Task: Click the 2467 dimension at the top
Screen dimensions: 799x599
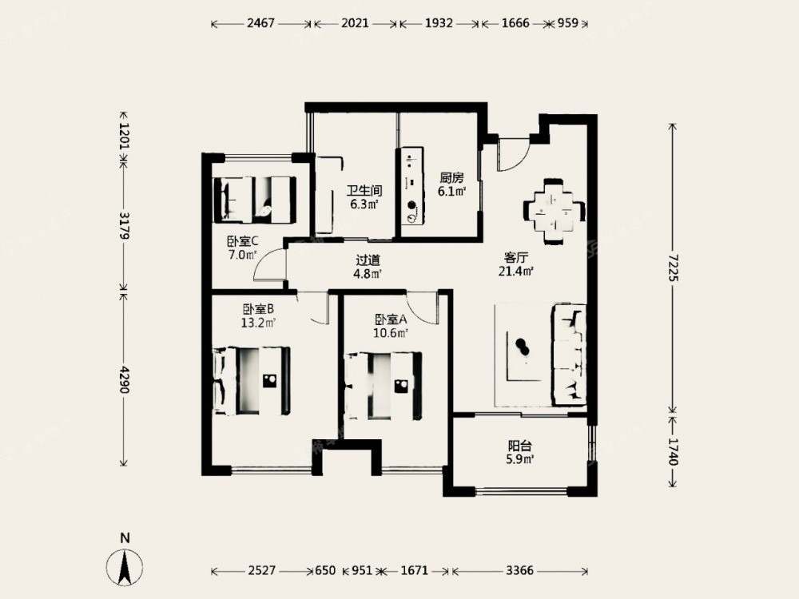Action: [x=260, y=23]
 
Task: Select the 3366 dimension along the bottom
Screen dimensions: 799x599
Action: [x=519, y=570]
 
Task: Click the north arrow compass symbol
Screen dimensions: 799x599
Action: [x=125, y=565]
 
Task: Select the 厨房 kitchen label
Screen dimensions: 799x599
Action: [x=452, y=178]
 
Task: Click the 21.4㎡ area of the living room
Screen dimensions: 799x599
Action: [x=515, y=272]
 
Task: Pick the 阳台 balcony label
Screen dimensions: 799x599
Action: [x=520, y=446]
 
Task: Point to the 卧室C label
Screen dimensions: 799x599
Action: [x=243, y=241]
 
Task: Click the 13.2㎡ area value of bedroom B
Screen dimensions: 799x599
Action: [x=258, y=323]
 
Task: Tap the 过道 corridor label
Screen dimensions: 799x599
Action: [x=368, y=260]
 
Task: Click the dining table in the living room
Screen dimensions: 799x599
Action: [x=554, y=212]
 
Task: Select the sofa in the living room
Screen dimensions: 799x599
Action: [x=569, y=355]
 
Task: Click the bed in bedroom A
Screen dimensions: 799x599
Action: [x=384, y=386]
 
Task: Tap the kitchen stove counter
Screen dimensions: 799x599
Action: [x=411, y=186]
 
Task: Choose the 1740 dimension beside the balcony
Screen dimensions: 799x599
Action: [x=674, y=451]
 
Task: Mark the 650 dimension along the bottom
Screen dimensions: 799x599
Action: [x=325, y=570]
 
